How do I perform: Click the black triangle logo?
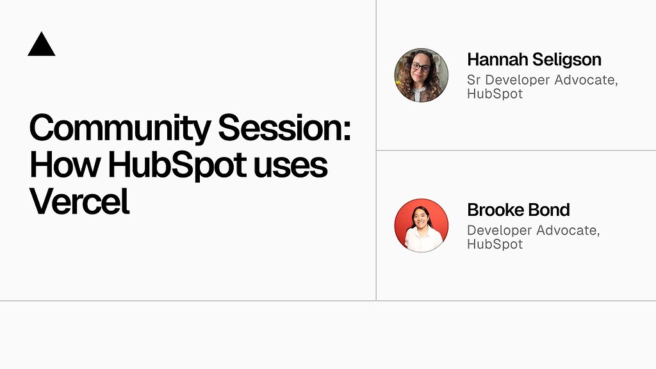(42, 45)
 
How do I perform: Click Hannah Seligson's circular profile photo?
(422, 75)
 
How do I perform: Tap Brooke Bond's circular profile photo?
(422, 225)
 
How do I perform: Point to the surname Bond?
(549, 209)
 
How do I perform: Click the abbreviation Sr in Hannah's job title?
(474, 80)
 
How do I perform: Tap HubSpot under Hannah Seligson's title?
(495, 94)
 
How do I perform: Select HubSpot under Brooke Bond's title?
(495, 244)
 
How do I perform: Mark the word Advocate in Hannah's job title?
(585, 80)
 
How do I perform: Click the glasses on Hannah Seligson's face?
(420, 67)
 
